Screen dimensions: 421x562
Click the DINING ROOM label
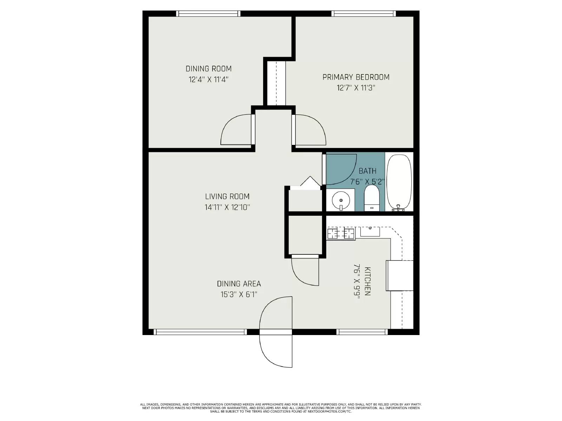[208, 68]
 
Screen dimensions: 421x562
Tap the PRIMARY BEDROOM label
[356, 77]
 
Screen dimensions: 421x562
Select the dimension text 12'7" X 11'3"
[356, 88]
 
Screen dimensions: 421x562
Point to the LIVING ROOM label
[227, 196]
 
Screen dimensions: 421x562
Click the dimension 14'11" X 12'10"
[227, 207]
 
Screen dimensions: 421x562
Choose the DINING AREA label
[239, 283]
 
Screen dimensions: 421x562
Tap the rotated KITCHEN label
[367, 281]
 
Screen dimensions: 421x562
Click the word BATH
[367, 171]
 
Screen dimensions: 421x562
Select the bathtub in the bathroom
[399, 182]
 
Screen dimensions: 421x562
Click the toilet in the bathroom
[371, 198]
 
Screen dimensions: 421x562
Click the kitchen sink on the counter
[370, 232]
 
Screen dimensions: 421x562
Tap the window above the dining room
[208, 14]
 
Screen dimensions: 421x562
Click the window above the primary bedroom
[364, 14]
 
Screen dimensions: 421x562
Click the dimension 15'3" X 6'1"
[239, 294]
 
